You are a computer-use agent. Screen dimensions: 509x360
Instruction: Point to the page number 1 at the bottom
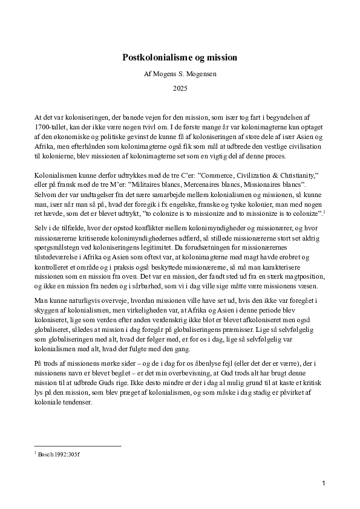pyautogui.click(x=324, y=483)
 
